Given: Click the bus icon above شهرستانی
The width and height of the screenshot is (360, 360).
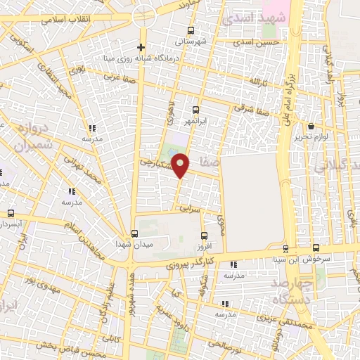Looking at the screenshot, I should click(191, 30).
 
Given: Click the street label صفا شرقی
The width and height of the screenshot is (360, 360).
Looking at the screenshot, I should click(254, 110).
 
